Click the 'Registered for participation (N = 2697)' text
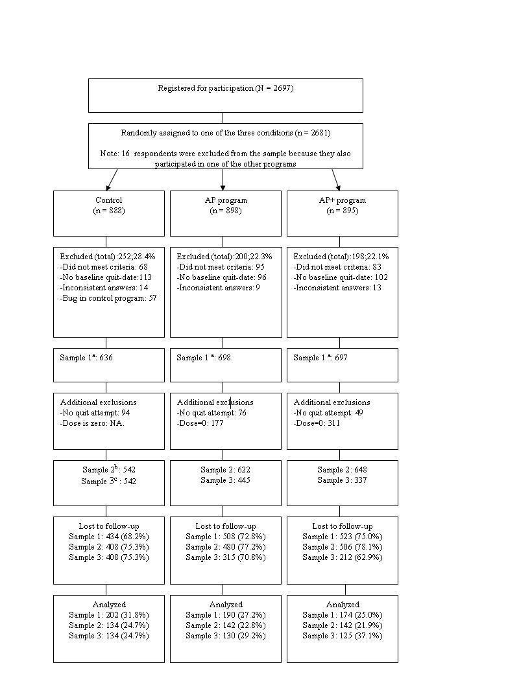coord(225,88)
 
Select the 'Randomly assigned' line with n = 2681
coord(225,133)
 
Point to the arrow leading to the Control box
coord(112,180)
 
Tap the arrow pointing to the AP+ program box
coord(336,179)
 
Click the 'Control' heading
coord(108,200)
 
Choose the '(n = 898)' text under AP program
coord(225,211)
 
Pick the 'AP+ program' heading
coord(342,200)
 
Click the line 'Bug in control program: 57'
coord(108,298)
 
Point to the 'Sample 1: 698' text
coord(204,358)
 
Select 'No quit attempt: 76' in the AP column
coord(211,413)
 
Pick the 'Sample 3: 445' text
coord(225,480)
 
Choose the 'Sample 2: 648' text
coord(342,470)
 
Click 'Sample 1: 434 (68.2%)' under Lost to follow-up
coord(108,537)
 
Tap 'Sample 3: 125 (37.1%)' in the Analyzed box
coord(342,636)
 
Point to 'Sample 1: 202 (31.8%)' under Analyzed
coord(108,615)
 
